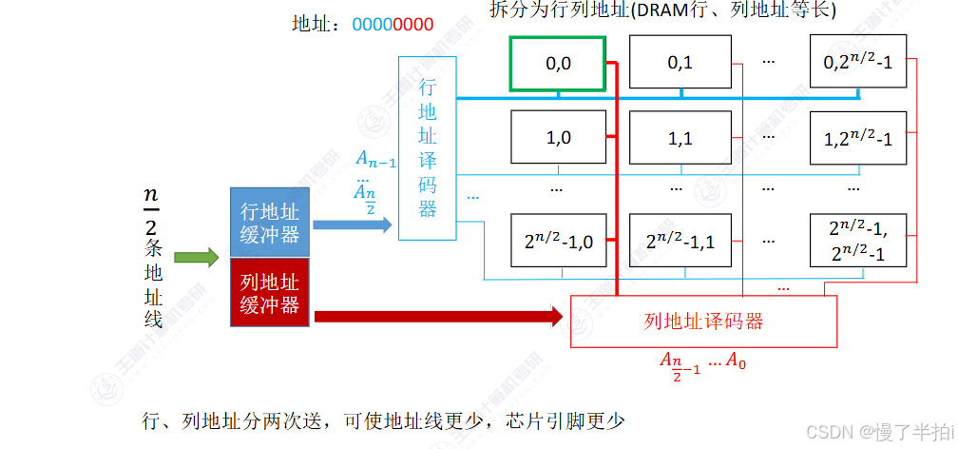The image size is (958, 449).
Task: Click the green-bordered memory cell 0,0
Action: (x=557, y=64)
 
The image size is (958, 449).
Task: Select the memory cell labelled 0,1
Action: (x=680, y=64)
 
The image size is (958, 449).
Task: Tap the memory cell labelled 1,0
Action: (x=558, y=138)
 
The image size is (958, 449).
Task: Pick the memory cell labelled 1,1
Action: (x=680, y=138)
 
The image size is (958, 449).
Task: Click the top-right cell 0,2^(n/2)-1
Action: (x=858, y=64)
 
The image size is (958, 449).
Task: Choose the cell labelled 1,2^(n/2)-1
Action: (x=858, y=138)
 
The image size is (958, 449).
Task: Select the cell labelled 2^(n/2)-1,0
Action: (x=558, y=241)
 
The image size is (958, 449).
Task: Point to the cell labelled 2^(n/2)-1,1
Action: (x=680, y=241)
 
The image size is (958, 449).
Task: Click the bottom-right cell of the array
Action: (x=858, y=241)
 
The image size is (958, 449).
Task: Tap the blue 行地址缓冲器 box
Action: (x=270, y=222)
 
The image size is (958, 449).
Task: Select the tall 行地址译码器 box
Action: (x=427, y=147)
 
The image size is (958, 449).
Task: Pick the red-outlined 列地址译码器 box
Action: (x=702, y=321)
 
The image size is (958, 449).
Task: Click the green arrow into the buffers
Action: (x=196, y=257)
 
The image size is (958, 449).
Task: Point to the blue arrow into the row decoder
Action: (x=352, y=224)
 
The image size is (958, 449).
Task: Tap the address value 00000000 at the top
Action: (x=393, y=25)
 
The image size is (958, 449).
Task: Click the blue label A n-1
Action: (x=374, y=159)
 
